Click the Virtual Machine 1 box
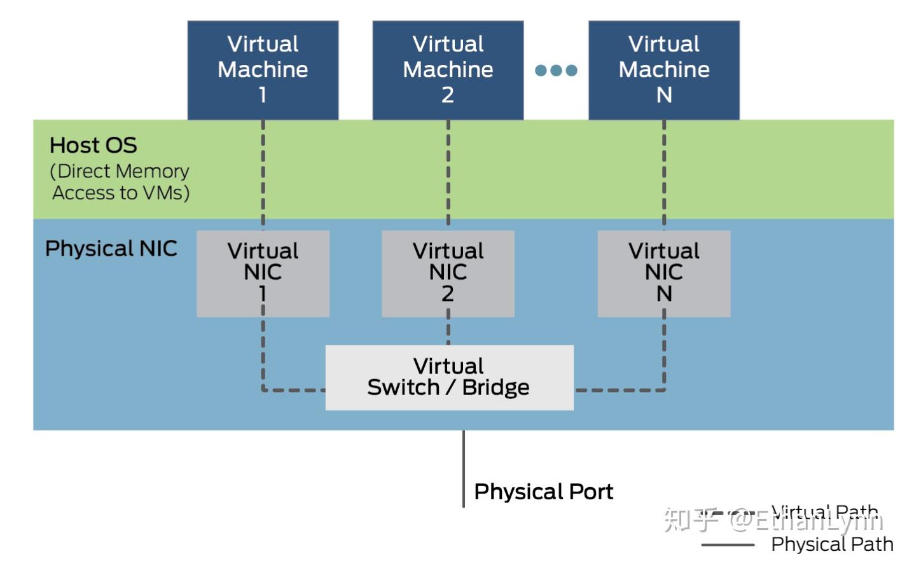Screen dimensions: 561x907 263,69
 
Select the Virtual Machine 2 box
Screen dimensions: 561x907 448,69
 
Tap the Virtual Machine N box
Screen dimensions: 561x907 663,69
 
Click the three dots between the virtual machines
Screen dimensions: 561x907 556,70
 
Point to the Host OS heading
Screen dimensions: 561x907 93,145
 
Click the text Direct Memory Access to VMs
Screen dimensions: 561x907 120,182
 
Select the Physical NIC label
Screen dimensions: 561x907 111,248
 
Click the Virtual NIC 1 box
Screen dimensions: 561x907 263,273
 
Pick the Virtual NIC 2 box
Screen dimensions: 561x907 448,273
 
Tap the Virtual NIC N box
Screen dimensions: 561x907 663,273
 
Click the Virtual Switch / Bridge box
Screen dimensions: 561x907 449,377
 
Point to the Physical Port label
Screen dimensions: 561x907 544,492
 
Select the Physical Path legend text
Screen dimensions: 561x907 832,544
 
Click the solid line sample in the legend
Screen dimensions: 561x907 728,545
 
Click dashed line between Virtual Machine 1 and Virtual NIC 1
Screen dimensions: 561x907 263,175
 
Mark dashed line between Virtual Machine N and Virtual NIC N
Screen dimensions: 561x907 664,175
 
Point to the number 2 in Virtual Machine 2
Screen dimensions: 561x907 448,95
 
